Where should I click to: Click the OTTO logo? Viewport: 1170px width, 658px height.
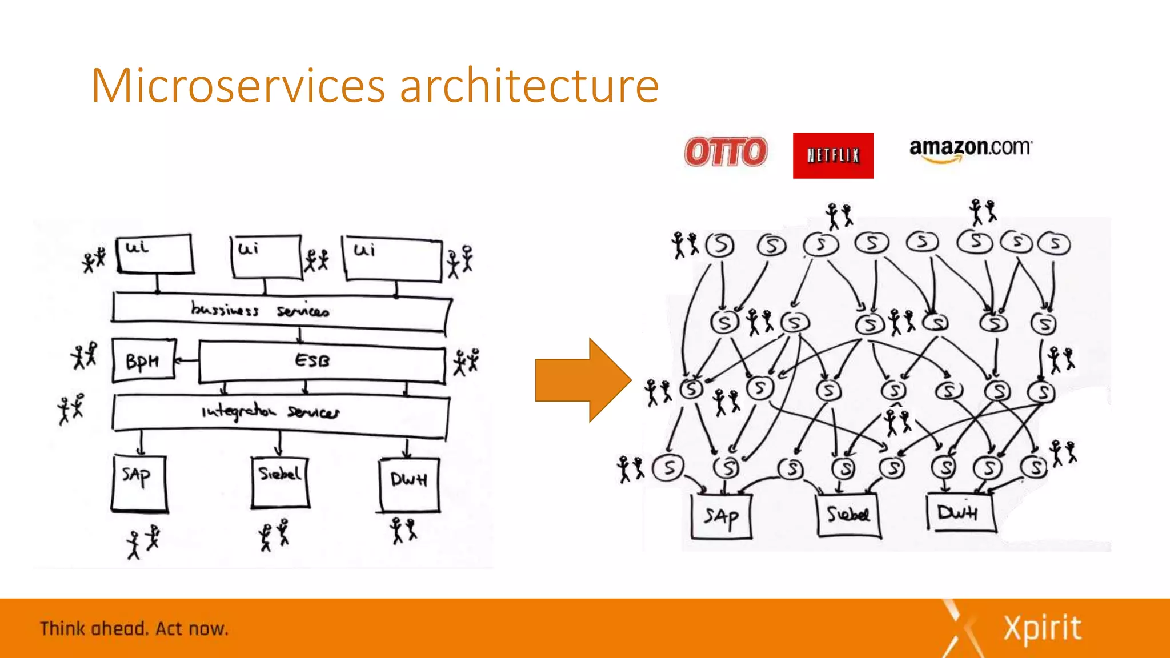(x=726, y=152)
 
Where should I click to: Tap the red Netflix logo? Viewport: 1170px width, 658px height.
(x=833, y=155)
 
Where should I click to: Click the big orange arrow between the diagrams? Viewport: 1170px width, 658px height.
(x=583, y=380)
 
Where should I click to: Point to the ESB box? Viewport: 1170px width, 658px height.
(x=322, y=362)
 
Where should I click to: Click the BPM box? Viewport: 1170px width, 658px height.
(x=143, y=360)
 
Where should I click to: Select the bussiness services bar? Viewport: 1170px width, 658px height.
(x=280, y=311)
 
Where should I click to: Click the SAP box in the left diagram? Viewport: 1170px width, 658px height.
(x=139, y=483)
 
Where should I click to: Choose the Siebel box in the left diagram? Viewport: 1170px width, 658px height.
(x=280, y=482)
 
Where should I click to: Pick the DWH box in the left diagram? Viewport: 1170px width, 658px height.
(x=409, y=484)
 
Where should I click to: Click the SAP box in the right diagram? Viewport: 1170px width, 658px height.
(x=721, y=516)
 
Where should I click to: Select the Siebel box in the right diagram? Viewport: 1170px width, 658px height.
(x=848, y=515)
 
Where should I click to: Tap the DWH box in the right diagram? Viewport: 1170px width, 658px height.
(x=960, y=512)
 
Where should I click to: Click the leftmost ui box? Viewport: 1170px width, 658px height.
(x=154, y=254)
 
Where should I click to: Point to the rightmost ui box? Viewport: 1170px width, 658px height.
(x=392, y=259)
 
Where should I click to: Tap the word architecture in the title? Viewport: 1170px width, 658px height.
(x=529, y=86)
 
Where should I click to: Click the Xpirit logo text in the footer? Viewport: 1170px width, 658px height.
(x=1043, y=628)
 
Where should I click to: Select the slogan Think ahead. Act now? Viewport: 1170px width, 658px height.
(x=134, y=629)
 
